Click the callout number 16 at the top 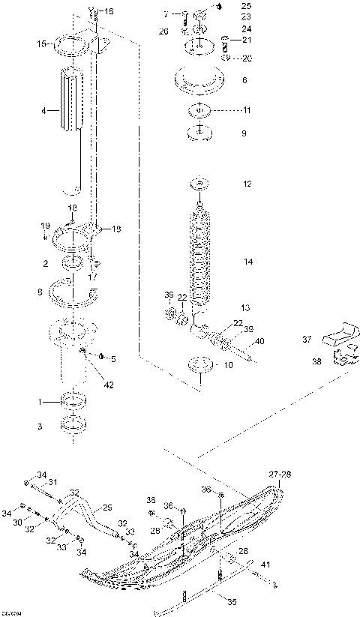tap(109, 11)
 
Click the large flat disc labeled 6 tap(199, 80)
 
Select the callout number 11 tap(247, 110)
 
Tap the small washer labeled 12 tap(199, 184)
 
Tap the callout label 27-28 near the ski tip tap(278, 474)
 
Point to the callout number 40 tap(260, 342)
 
